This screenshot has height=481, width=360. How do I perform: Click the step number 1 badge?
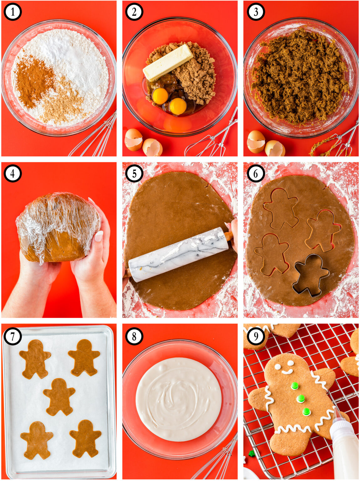(x=13, y=12)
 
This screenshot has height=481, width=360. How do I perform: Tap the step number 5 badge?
(x=134, y=173)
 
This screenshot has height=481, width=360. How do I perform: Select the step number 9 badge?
(x=256, y=336)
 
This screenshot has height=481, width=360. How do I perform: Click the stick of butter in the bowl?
(x=168, y=63)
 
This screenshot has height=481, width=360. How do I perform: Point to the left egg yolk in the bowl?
(x=160, y=96)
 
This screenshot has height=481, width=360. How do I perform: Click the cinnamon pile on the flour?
(x=33, y=80)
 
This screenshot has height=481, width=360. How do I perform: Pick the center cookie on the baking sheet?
(x=59, y=396)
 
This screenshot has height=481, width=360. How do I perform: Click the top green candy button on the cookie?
(x=295, y=386)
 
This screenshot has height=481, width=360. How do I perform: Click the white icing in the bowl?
(x=178, y=399)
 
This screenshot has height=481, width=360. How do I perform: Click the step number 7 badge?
(x=13, y=336)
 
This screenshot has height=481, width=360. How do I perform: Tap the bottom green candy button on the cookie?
(x=306, y=412)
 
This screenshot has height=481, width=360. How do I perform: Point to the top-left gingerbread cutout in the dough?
(x=281, y=208)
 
